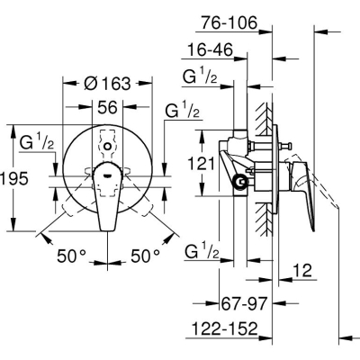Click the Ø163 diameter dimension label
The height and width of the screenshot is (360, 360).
107,83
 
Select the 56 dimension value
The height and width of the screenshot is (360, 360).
107,107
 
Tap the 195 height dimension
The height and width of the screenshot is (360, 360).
14,178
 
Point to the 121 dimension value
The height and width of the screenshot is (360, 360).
202,164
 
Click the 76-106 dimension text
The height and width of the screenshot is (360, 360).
229,22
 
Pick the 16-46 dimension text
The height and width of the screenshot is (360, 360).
210,49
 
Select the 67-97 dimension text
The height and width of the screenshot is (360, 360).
244,304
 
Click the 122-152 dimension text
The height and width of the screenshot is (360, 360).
225,328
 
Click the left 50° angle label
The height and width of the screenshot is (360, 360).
71,256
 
